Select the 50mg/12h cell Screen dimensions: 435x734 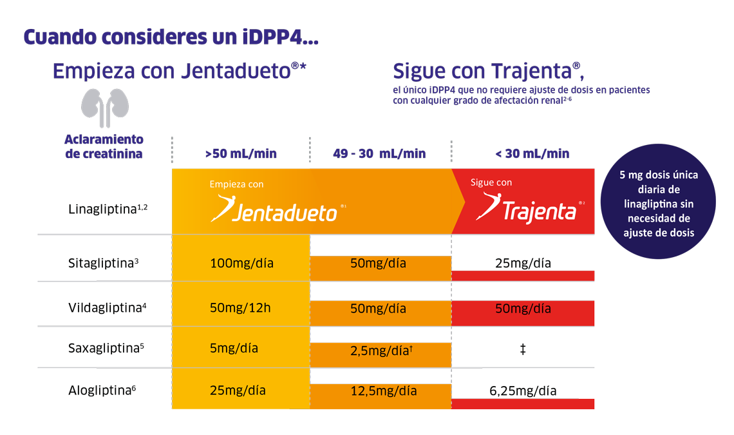[240, 307]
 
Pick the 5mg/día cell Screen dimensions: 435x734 [234, 348]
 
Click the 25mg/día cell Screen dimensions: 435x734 [238, 390]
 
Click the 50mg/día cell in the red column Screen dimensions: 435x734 [523, 308]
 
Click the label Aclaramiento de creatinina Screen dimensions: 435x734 [104, 146]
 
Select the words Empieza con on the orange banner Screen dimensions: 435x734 [236, 184]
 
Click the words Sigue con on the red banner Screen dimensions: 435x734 [491, 182]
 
